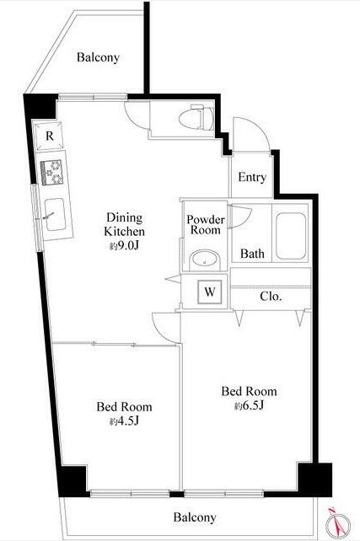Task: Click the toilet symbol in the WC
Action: (x=196, y=117)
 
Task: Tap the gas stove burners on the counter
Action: (x=52, y=172)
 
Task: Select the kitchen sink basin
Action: (x=56, y=214)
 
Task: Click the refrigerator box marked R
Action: (x=49, y=136)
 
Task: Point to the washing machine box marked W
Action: (x=210, y=292)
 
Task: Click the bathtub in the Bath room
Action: (x=291, y=236)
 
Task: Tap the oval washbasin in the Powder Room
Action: (x=205, y=260)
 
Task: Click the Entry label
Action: (x=252, y=177)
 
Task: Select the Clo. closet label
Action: (x=271, y=296)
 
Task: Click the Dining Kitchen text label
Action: (x=124, y=224)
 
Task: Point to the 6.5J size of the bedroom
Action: (x=250, y=406)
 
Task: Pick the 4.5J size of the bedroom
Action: (x=124, y=421)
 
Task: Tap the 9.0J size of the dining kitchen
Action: (x=124, y=246)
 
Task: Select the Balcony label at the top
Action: (x=98, y=57)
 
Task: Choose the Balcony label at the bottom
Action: (x=195, y=517)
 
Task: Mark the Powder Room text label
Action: (x=206, y=225)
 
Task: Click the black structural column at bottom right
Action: (x=314, y=480)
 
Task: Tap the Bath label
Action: (x=252, y=254)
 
